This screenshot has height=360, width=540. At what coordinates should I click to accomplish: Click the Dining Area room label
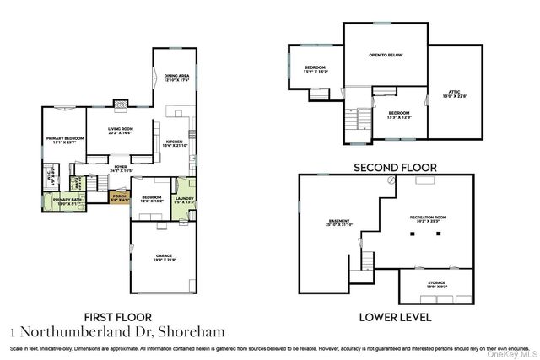(x=177, y=77)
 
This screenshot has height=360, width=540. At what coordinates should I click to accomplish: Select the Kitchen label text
(x=174, y=142)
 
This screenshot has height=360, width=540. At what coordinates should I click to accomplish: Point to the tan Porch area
(x=120, y=197)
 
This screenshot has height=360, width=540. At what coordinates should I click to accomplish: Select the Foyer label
(x=121, y=169)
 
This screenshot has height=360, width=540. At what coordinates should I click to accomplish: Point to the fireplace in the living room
(x=121, y=106)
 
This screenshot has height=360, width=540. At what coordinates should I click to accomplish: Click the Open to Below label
(x=386, y=55)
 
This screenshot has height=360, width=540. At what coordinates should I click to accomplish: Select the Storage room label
(x=436, y=284)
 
